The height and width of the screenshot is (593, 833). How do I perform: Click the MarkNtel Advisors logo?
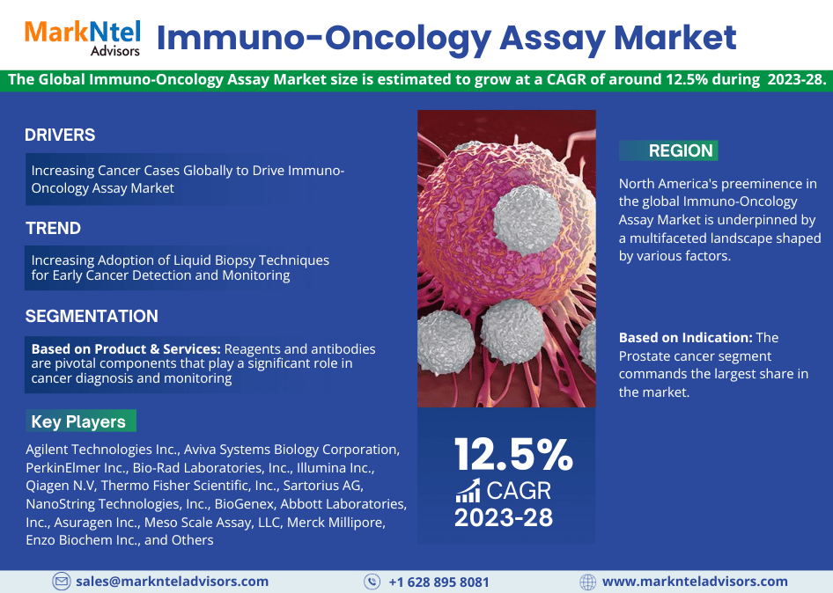click(83, 38)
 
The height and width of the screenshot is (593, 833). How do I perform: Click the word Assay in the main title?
click(552, 38)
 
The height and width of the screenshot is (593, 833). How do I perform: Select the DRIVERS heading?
click(60, 135)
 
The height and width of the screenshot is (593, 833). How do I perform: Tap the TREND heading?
click(53, 228)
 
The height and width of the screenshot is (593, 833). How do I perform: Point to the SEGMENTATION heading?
click(92, 317)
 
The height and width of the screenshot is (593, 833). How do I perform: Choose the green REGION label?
click(668, 150)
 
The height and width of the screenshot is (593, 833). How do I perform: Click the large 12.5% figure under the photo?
click(513, 455)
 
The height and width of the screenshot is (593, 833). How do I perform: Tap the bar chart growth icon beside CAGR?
click(468, 491)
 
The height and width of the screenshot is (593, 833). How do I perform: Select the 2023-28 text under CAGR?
click(504, 517)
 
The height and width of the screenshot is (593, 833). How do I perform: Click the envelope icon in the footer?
click(61, 582)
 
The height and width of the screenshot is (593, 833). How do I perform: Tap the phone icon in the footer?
click(372, 582)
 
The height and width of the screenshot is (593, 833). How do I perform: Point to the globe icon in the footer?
click(587, 582)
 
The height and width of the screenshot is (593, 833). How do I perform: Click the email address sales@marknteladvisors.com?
click(172, 582)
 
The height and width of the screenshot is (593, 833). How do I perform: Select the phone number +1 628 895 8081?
click(439, 582)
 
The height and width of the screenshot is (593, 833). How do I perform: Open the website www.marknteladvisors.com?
click(695, 582)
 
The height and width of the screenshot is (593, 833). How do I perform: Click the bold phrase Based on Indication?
click(686, 338)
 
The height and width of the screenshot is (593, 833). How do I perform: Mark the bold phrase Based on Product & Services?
click(126, 348)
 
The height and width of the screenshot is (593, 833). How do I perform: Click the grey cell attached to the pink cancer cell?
click(527, 219)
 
